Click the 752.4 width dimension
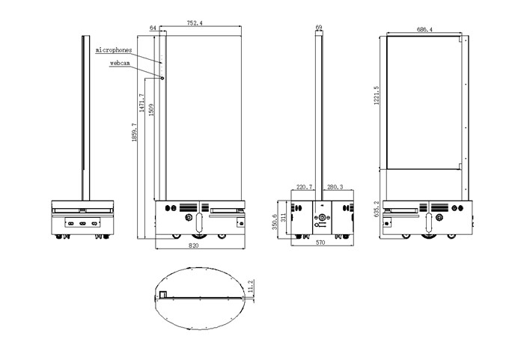195,23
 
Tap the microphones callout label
114,50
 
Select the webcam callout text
120,63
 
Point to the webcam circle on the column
162,78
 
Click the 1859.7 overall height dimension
135,132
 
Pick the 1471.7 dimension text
142,103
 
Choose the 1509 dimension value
151,109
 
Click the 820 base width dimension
193,245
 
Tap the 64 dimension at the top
153,28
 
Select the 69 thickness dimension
319,27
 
